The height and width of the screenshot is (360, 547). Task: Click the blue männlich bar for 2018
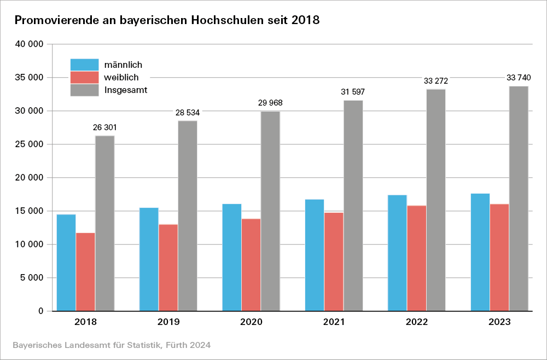[x=66, y=263]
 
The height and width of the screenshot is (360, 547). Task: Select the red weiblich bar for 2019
[x=168, y=268]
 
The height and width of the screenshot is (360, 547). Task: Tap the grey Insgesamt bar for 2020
[x=270, y=211]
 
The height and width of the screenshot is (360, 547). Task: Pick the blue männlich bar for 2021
[x=315, y=255]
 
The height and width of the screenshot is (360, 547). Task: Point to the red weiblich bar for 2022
[x=417, y=258]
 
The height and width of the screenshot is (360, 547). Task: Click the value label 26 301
[x=105, y=128]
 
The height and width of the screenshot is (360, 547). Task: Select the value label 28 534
[x=188, y=113]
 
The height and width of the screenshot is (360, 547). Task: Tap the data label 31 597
[x=353, y=92]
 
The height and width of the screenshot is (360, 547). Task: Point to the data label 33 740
[x=519, y=78]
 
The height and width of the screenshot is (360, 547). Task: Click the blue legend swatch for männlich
[x=85, y=65]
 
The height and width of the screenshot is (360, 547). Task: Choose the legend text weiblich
[x=121, y=77]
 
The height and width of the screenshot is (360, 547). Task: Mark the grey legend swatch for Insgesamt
[x=85, y=90]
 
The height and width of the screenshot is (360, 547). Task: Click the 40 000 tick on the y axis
[x=30, y=44]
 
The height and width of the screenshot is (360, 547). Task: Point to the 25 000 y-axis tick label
[x=30, y=144]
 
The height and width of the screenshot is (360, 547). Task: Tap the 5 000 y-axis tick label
[x=32, y=278]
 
